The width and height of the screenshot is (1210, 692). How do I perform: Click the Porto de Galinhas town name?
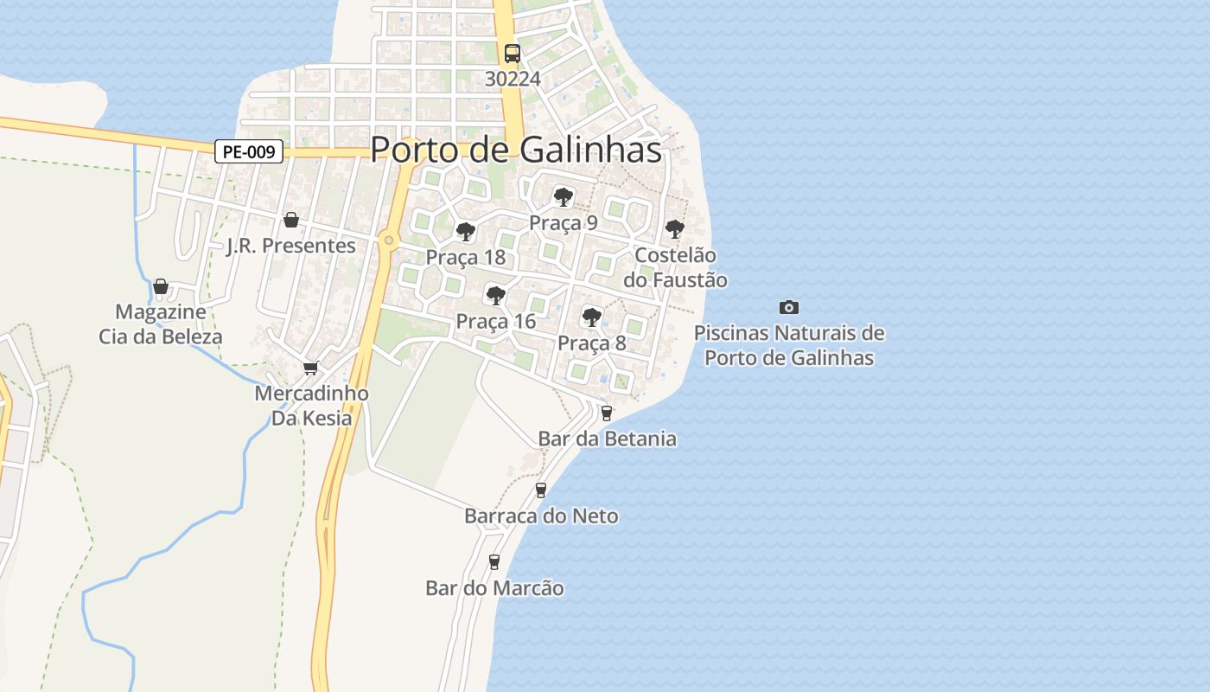click(516, 150)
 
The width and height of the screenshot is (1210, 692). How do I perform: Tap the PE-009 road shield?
click(249, 152)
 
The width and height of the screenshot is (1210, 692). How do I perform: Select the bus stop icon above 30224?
click(513, 53)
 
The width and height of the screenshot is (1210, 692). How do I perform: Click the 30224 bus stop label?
click(513, 79)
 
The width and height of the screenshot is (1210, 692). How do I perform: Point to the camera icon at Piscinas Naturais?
click(788, 307)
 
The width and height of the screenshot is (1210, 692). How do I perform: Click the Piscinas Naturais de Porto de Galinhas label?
click(788, 345)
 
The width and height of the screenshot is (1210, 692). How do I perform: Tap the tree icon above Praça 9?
click(563, 197)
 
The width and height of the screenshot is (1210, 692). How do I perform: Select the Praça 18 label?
click(465, 257)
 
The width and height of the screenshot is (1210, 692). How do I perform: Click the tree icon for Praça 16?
click(495, 296)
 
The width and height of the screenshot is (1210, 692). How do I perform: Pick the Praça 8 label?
click(591, 343)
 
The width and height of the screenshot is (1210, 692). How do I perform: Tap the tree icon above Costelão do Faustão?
click(674, 230)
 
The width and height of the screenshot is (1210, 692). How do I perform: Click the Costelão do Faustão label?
click(674, 268)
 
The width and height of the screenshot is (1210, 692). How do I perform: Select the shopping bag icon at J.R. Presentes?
click(291, 220)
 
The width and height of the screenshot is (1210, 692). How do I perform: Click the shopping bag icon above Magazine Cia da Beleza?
click(160, 286)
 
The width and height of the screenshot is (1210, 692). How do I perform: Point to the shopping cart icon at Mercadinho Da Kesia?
click(311, 368)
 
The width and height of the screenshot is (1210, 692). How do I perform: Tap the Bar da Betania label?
click(607, 439)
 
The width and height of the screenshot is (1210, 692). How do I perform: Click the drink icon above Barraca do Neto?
click(541, 490)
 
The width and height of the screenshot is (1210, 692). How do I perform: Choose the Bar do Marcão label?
click(494, 588)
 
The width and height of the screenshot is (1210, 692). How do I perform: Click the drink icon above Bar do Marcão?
click(494, 562)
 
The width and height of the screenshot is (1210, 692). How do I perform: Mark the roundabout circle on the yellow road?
click(389, 240)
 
